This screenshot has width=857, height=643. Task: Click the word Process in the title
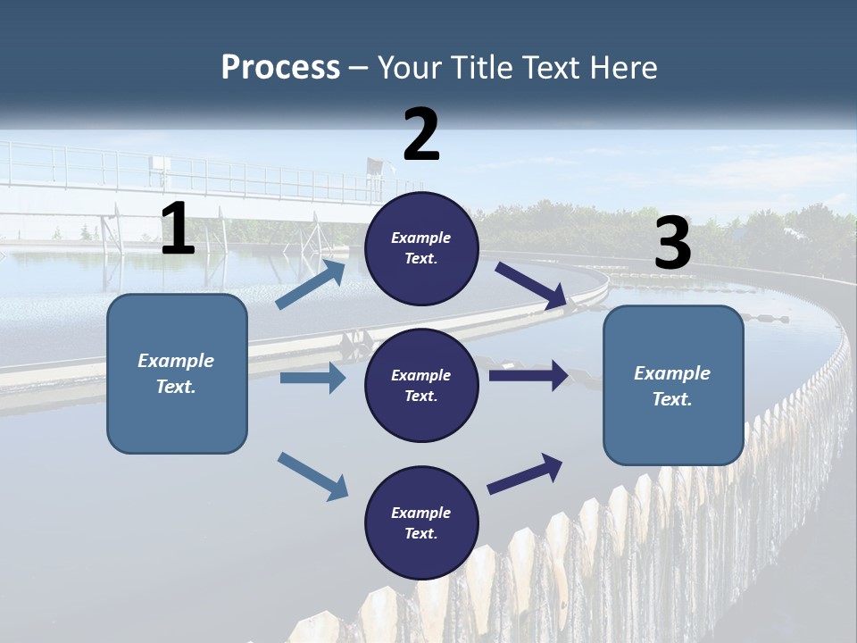[280, 67]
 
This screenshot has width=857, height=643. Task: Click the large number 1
[178, 230]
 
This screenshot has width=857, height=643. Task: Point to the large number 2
[421, 135]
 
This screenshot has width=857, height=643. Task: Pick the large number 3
[672, 244]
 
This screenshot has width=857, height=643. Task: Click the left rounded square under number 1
[177, 373]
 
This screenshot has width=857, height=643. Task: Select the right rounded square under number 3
[673, 385]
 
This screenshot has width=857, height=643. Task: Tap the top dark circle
[421, 248]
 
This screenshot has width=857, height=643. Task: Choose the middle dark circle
[421, 385]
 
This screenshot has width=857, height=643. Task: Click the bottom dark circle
[421, 522]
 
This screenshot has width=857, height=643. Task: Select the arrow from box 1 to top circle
[311, 284]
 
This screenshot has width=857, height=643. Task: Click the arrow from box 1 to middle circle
[312, 378]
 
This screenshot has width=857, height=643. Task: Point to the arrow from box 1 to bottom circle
[312, 476]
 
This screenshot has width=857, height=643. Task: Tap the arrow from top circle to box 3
[531, 286]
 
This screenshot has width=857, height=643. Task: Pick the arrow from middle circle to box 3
[528, 376]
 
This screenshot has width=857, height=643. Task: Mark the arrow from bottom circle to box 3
[525, 474]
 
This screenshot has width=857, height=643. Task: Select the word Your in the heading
[407, 67]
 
